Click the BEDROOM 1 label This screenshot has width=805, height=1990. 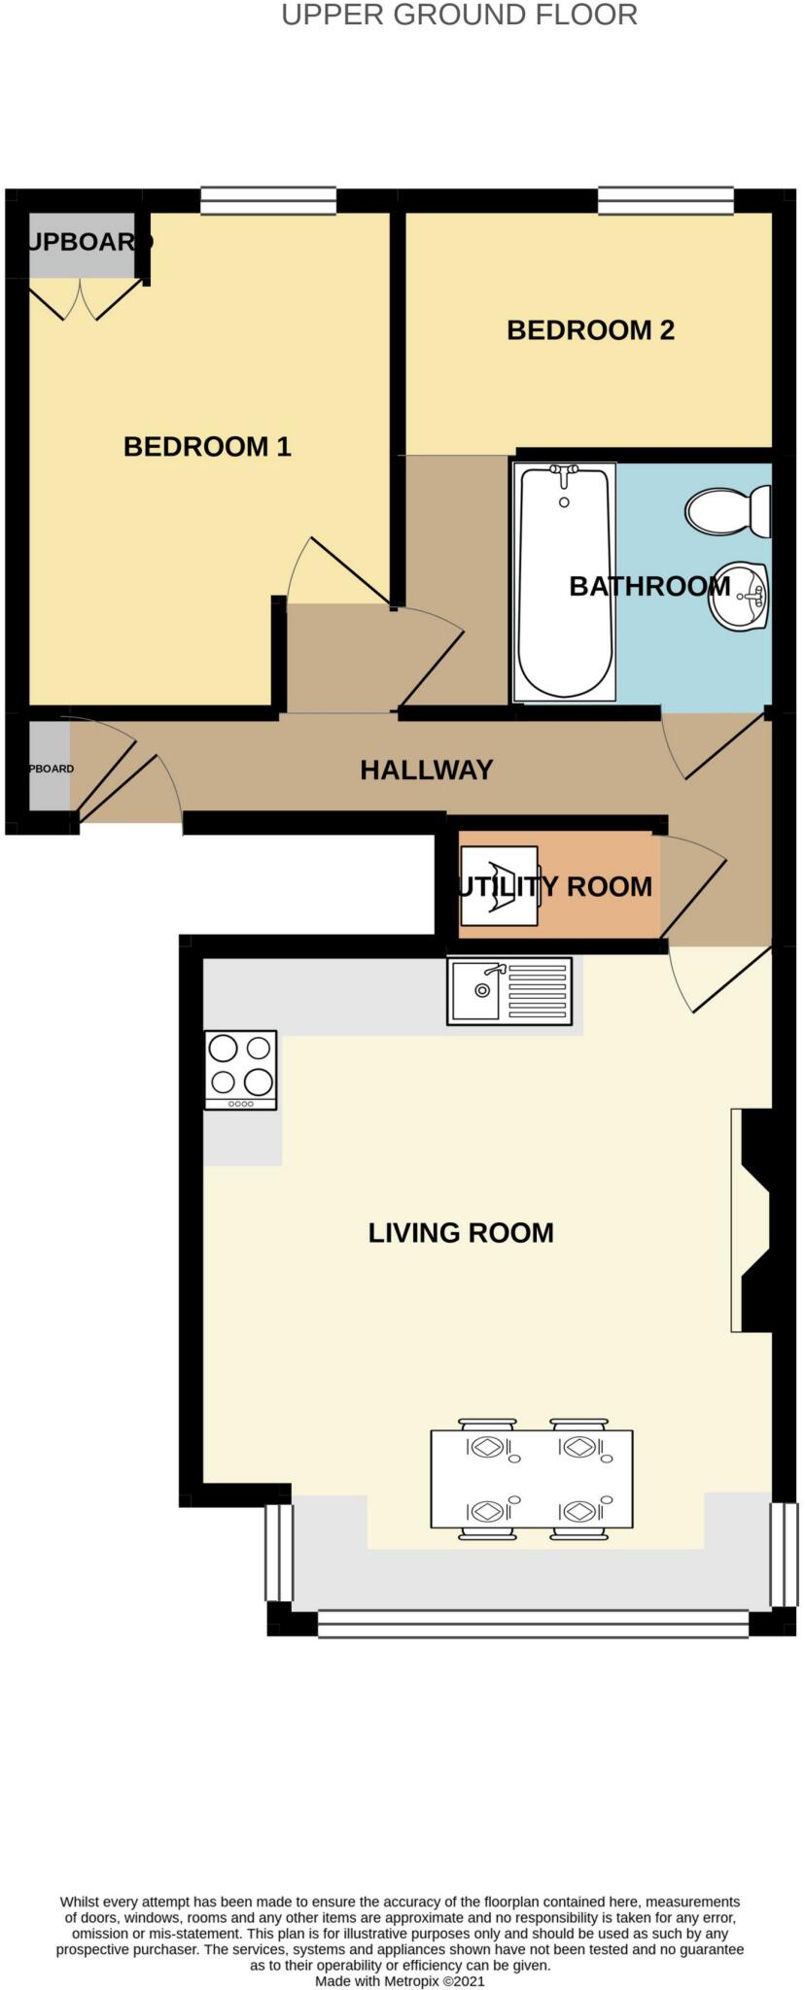click(x=207, y=447)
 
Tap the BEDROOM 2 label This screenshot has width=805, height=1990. click(x=590, y=330)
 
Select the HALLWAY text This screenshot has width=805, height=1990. click(x=427, y=771)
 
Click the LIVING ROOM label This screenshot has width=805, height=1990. click(x=461, y=1233)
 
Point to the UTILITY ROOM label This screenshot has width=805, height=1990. click(x=555, y=886)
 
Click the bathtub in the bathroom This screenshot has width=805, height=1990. click(x=565, y=582)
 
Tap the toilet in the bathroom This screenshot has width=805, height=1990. click(x=727, y=511)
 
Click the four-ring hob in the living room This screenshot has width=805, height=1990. click(x=240, y=1069)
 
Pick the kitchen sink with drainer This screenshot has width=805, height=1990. click(x=509, y=990)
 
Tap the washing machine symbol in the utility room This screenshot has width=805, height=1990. click(x=499, y=886)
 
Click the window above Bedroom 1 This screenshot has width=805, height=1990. click(x=268, y=200)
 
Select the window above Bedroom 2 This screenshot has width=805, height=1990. click(x=665, y=200)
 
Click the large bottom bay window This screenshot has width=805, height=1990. click(x=533, y=1624)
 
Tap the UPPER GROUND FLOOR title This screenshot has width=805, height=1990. click(x=459, y=16)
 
